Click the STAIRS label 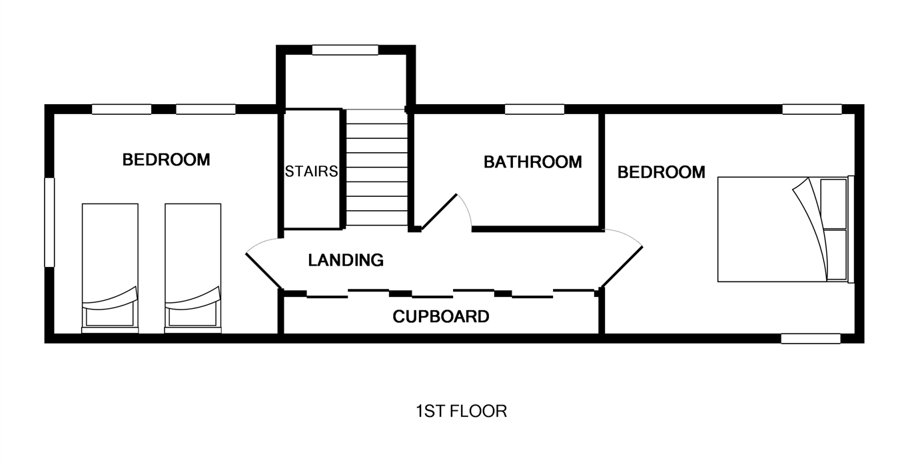pos(311,171)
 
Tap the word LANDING pos(346,260)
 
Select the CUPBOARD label pos(441,316)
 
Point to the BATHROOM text pos(533,162)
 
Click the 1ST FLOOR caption pos(462,412)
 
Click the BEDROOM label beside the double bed pos(661,172)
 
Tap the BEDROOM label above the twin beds pos(167,159)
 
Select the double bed pos(785,229)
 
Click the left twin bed pos(110,268)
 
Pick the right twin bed pos(193,268)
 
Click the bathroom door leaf pos(439,212)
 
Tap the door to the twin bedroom pos(264,270)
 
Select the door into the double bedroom pos(622,267)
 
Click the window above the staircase pos(345,50)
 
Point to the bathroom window pos(534,109)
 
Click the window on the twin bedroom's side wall pos(49,222)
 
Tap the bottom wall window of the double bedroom pos(811,338)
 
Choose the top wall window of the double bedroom pos(811,109)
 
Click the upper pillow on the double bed pos(833,204)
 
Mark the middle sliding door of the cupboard pos(432,296)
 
